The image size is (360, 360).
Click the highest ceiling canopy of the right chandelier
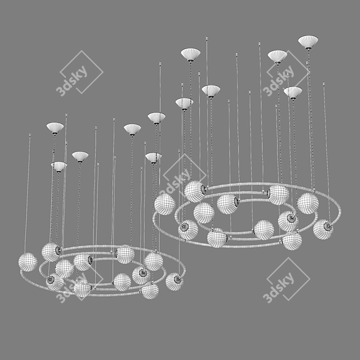click(308, 42)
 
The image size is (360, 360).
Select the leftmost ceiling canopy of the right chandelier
click(184, 104)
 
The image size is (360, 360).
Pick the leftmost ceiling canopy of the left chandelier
click(55, 128)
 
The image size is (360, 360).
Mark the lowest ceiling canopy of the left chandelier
click(59, 167)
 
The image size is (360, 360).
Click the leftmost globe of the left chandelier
click(28, 262)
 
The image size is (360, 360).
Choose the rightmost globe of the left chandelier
click(175, 282)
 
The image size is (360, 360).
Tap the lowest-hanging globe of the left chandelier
click(149, 291)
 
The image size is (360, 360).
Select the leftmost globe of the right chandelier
click(165, 204)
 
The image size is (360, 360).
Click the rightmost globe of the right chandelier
click(323, 229)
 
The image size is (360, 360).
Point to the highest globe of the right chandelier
click(195, 191)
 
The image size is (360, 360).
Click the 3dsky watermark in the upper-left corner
click(79, 73)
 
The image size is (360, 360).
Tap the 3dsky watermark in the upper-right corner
click(286, 73)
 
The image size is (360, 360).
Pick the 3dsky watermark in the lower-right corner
click(286, 279)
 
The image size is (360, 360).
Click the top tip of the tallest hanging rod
click(207, 37)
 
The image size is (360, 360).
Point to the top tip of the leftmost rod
click(30, 133)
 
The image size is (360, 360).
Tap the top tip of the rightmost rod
click(323, 83)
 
